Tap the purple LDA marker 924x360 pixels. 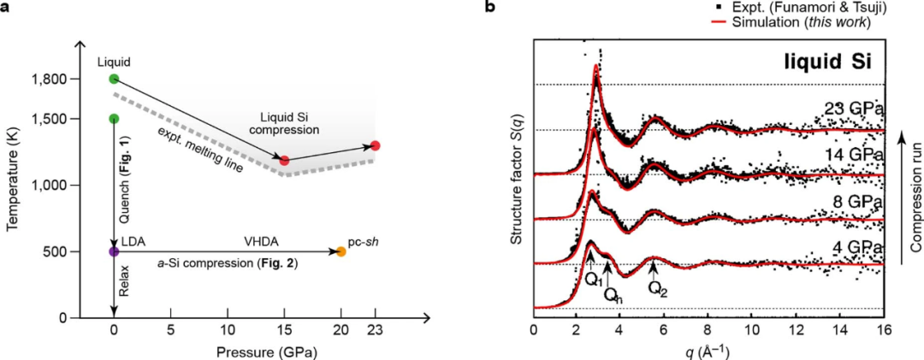point(114,251)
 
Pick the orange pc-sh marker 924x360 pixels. point(341,251)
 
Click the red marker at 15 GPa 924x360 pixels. point(285,160)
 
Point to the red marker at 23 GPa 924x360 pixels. point(375,145)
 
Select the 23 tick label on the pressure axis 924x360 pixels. point(375,332)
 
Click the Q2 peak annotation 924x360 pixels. point(657,287)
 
